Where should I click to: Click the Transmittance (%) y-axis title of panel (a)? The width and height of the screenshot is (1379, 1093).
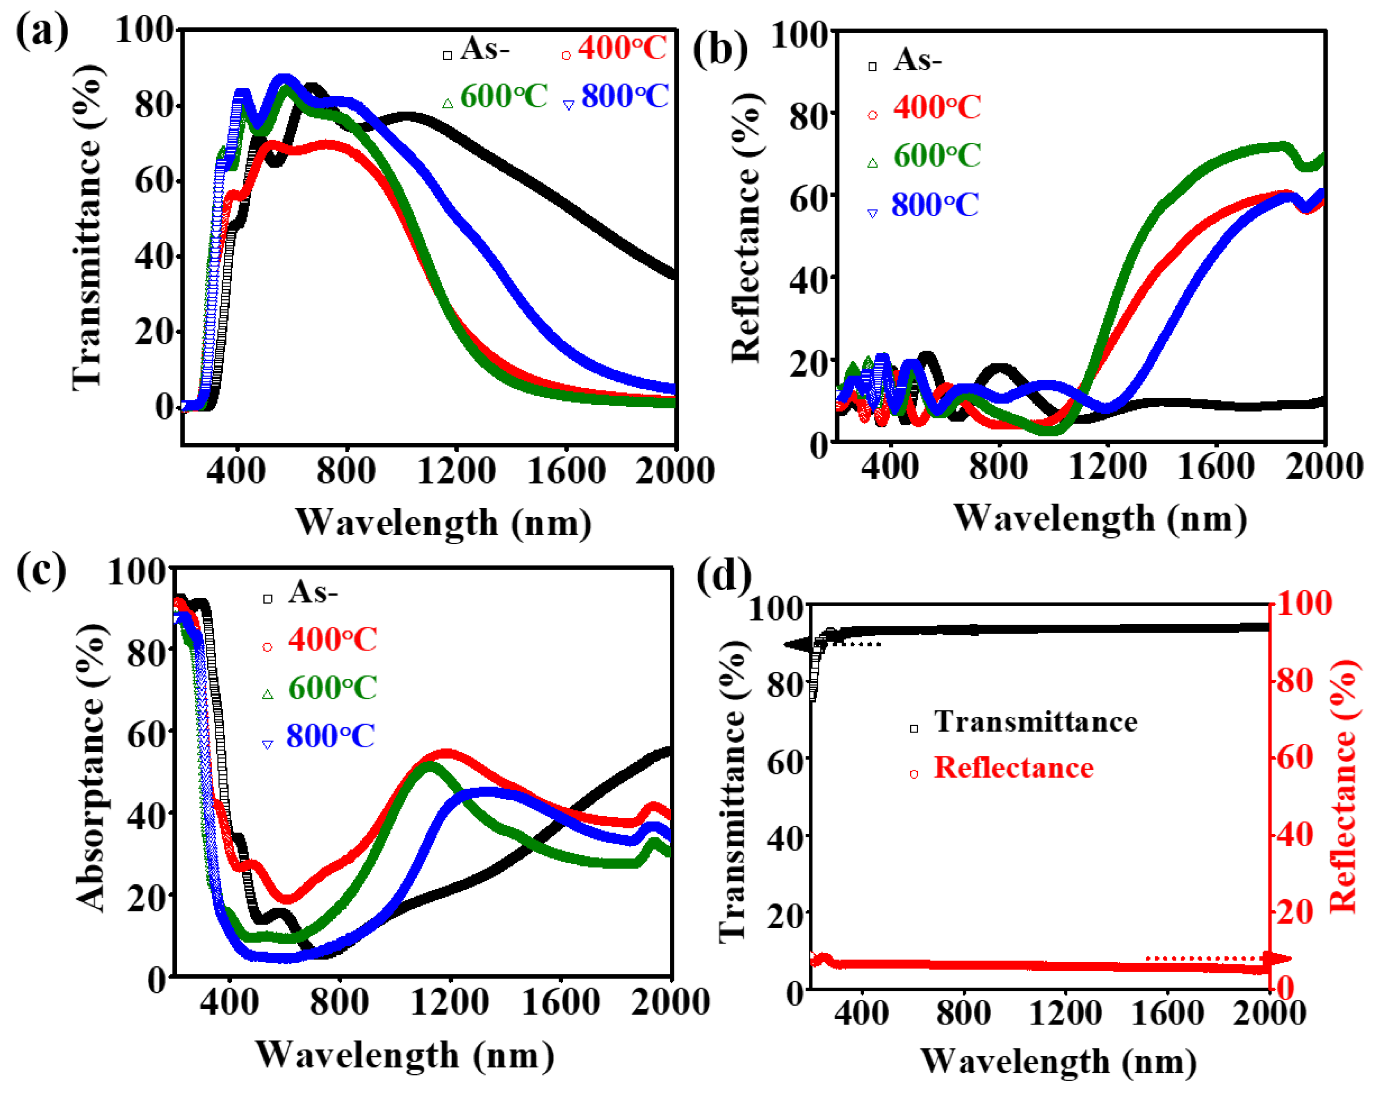[87, 227]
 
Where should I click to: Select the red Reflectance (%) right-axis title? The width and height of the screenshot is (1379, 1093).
[1343, 787]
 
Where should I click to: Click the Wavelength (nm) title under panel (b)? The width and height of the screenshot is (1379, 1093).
[1100, 518]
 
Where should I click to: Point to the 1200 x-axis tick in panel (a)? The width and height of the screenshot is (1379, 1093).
[456, 472]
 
